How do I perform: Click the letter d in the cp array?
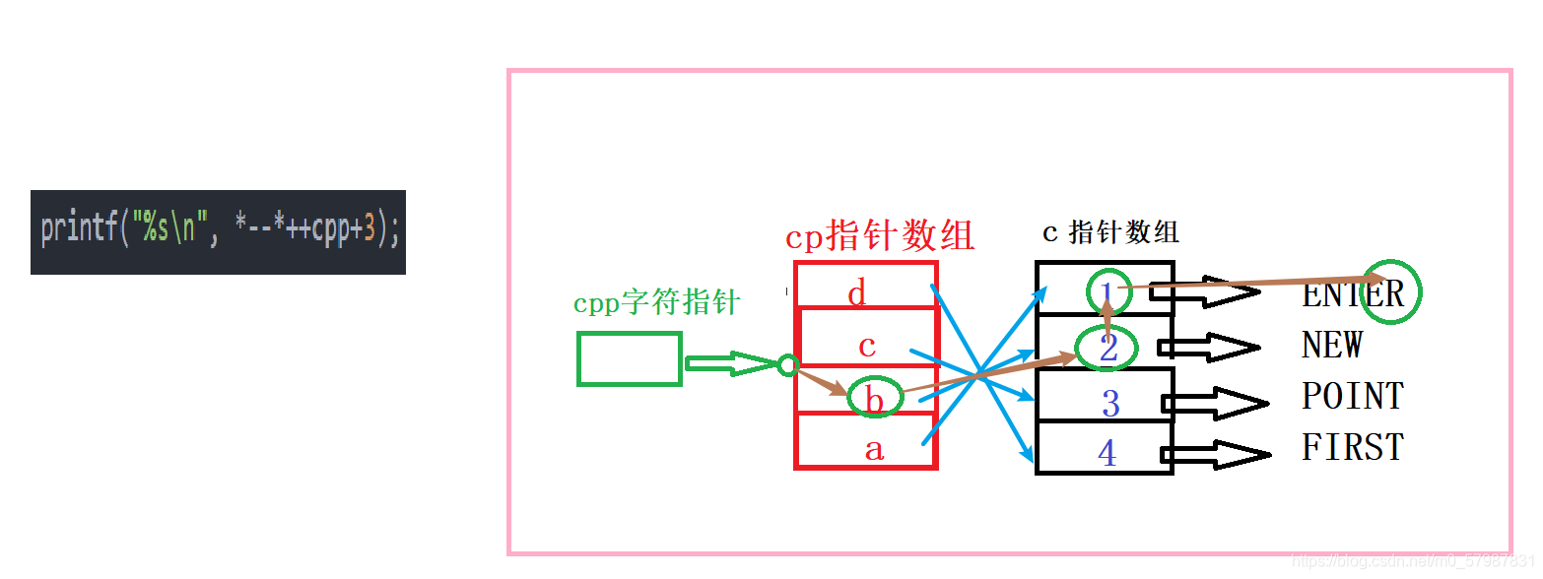pyautogui.click(x=857, y=292)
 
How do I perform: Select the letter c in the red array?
pyautogui.click(x=867, y=346)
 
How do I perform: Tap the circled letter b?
pyautogui.click(x=875, y=399)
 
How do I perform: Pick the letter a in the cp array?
pyautogui.click(x=874, y=450)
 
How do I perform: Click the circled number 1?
pyautogui.click(x=1107, y=291)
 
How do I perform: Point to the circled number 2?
pyautogui.click(x=1108, y=348)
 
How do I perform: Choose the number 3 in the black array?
pyautogui.click(x=1110, y=404)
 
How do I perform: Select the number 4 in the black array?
pyautogui.click(x=1107, y=453)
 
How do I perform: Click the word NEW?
pyautogui.click(x=1332, y=346)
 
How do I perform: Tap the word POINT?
pyautogui.click(x=1353, y=396)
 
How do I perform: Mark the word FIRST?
pyautogui.click(x=1353, y=447)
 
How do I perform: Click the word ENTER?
pyautogui.click(x=1353, y=293)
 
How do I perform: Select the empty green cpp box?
pyautogui.click(x=630, y=358)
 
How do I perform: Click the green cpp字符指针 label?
pyautogui.click(x=656, y=302)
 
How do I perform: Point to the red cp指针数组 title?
pyautogui.click(x=879, y=236)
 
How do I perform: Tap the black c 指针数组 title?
pyautogui.click(x=1110, y=232)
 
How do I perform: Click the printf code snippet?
pyautogui.click(x=218, y=231)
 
